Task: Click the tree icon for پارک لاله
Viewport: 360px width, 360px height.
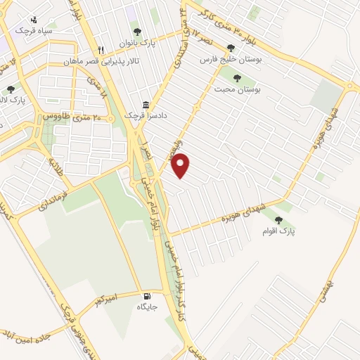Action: pyautogui.click(x=11, y=89)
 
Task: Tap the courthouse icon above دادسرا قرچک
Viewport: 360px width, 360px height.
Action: pyautogui.click(x=146, y=103)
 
